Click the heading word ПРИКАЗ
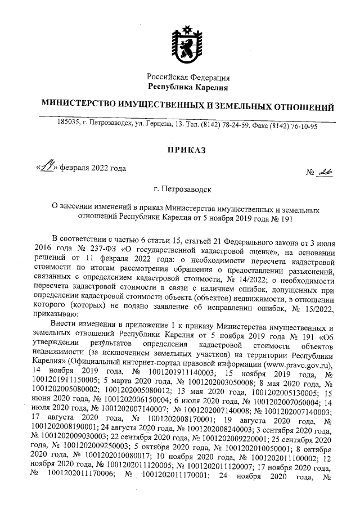[187, 150]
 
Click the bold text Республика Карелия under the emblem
[187, 87]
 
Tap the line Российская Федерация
[188, 76]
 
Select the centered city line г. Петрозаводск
[187, 191]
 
